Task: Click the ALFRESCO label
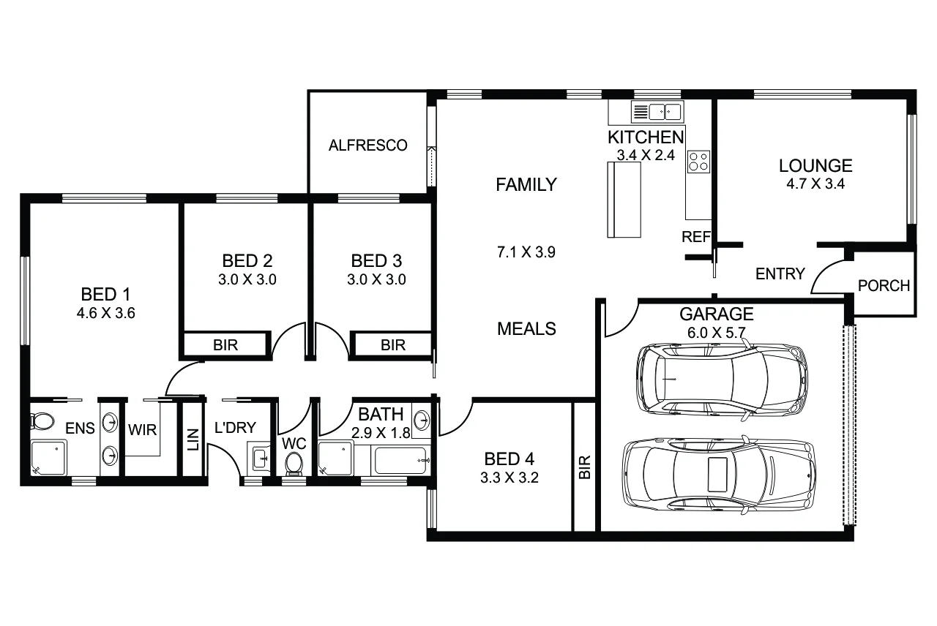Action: [x=367, y=146]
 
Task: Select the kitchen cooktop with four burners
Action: [x=698, y=161]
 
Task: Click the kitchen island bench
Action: [x=624, y=200]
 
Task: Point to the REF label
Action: [x=696, y=237]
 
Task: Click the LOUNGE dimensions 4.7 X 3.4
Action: [x=815, y=184]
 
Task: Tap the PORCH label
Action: [x=884, y=285]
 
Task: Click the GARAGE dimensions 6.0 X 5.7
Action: [x=717, y=331]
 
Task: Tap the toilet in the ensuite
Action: [x=42, y=422]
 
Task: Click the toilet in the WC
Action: [x=294, y=463]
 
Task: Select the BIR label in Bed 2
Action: [x=225, y=345]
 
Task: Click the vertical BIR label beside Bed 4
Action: [x=584, y=467]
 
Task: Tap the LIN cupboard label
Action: [x=193, y=438]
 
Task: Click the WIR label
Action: [x=142, y=429]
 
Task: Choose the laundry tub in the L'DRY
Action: [x=260, y=459]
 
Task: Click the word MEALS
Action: [x=526, y=329]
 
